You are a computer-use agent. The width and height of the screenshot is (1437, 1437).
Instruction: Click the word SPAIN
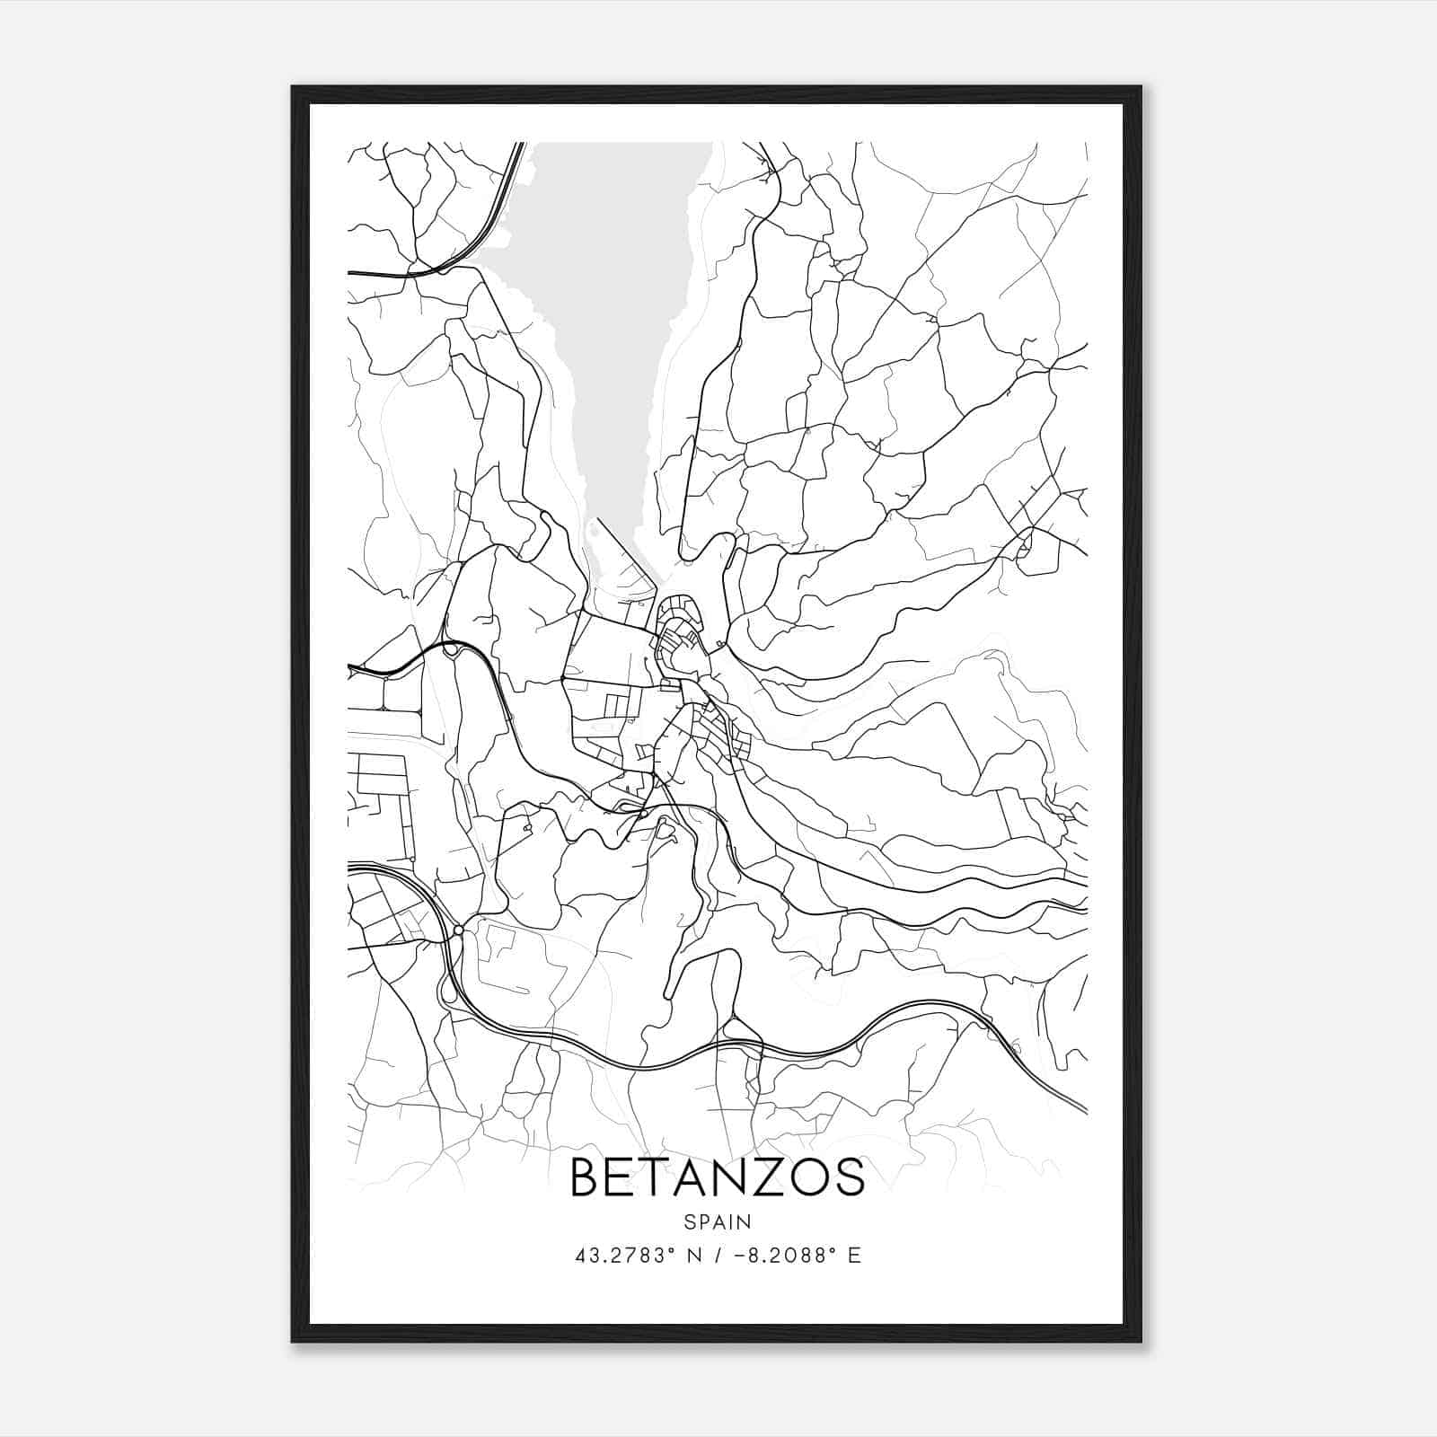click(717, 1221)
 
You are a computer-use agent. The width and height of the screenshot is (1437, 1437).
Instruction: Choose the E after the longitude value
click(854, 1256)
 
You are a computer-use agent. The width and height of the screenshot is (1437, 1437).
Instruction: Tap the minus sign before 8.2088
click(738, 1256)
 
